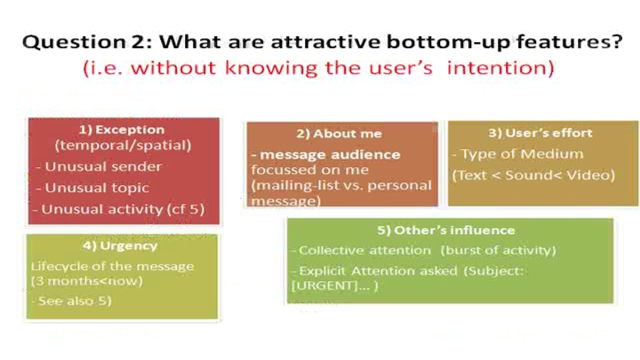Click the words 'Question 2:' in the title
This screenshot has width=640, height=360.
click(87, 42)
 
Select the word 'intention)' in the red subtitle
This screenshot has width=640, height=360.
click(500, 68)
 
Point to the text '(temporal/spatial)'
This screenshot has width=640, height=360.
click(123, 145)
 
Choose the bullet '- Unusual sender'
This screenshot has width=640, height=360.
click(99, 167)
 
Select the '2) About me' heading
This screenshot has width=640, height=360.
click(339, 134)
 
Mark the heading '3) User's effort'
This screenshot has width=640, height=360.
click(540, 133)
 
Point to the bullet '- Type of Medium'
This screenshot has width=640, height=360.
click(517, 154)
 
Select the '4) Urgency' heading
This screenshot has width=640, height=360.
click(120, 246)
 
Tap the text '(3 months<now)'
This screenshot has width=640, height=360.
click(87, 281)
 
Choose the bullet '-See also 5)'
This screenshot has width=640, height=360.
click(71, 301)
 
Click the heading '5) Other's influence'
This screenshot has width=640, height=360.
click(446, 230)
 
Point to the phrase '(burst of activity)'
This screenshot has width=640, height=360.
click(498, 250)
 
